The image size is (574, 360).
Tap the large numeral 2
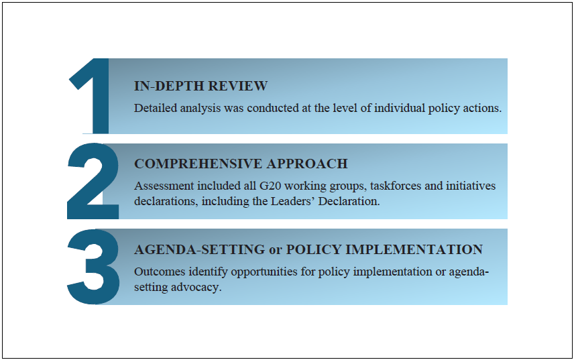[x=93, y=181]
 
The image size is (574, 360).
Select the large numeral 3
[x=93, y=267]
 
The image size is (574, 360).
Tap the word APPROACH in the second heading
[x=306, y=164]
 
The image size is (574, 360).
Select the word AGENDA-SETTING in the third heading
[x=200, y=249]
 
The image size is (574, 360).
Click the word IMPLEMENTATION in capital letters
[x=414, y=249]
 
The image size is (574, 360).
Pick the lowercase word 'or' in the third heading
[x=276, y=250]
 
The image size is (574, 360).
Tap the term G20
[x=270, y=186]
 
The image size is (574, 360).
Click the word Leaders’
[x=293, y=201]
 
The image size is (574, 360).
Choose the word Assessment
[x=164, y=186]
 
